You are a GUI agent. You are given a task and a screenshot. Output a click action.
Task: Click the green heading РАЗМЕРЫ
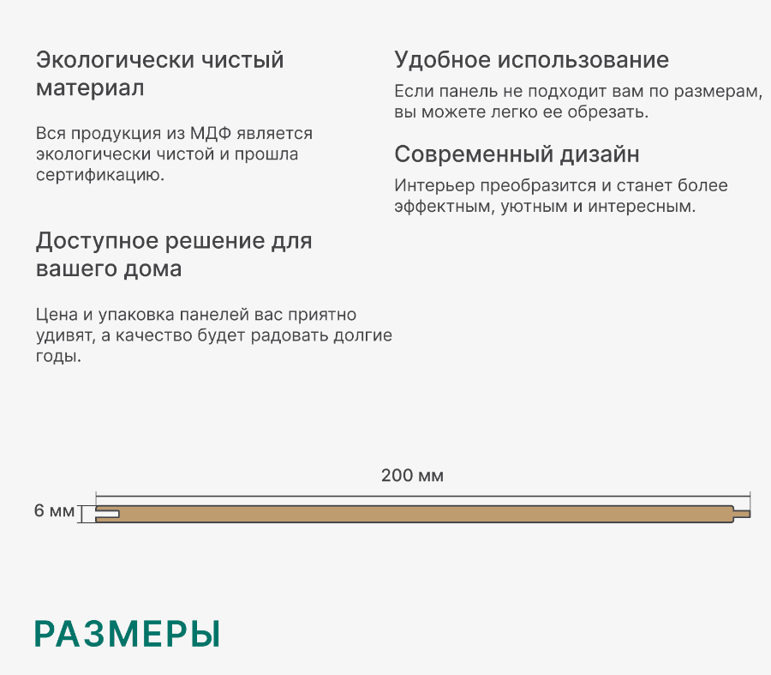point(127,634)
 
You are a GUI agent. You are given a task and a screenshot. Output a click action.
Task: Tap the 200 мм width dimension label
point(412,476)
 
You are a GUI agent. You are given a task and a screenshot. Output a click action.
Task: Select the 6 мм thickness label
point(54,511)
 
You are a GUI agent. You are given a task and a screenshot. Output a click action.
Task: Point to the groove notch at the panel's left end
point(107,514)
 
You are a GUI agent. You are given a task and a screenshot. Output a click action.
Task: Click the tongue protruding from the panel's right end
point(742,514)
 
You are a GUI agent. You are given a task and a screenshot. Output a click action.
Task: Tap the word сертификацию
point(100,175)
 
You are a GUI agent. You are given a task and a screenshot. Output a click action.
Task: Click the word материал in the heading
point(90,88)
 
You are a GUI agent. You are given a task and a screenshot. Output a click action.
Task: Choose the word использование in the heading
point(583,60)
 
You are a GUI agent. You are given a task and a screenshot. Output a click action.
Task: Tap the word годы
point(58,357)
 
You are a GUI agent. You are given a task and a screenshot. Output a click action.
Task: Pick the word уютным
point(533,207)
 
